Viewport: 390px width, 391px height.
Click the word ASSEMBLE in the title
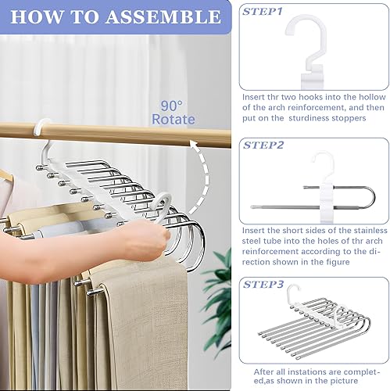[163, 16]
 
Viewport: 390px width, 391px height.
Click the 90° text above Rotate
[171, 106]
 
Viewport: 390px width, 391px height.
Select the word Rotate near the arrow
[174, 120]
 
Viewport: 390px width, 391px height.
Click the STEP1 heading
[262, 12]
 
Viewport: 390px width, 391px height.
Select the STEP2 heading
[263, 145]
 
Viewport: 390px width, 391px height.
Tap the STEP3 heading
[263, 284]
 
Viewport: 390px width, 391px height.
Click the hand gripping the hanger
[150, 241]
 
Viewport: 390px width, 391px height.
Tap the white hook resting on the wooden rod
[41, 127]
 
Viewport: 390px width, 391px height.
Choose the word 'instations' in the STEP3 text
[307, 371]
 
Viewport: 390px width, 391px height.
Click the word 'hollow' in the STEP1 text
[372, 97]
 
